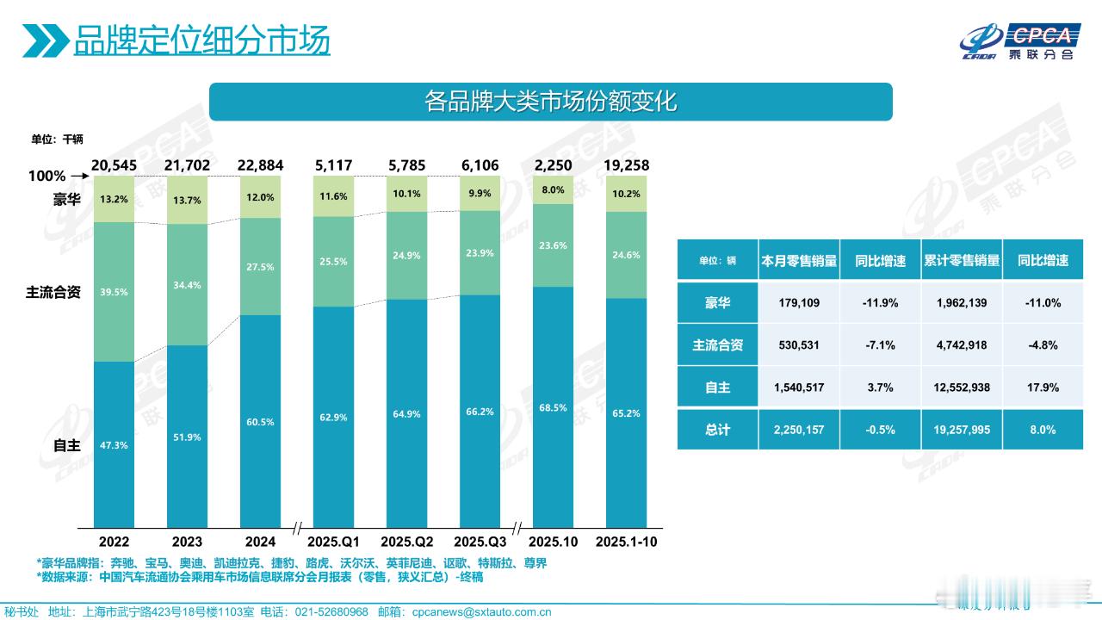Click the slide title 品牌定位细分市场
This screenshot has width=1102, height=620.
(x=201, y=40)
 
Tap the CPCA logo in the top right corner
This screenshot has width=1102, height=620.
(x=1020, y=41)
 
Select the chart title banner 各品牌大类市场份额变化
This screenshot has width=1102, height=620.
(x=551, y=102)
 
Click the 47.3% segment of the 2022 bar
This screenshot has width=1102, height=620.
(x=114, y=444)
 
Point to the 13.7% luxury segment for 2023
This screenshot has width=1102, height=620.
(x=187, y=200)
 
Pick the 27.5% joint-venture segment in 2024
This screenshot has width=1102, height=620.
(x=260, y=267)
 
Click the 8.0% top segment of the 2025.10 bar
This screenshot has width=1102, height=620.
(x=554, y=189)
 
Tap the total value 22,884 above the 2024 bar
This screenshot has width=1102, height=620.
(x=260, y=164)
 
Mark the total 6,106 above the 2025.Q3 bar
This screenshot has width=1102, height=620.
(x=480, y=164)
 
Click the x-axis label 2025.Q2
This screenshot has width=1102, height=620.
(x=406, y=542)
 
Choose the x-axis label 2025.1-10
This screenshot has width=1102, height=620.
(x=626, y=542)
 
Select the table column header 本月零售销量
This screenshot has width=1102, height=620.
(x=799, y=260)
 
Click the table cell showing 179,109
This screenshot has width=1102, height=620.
(x=799, y=303)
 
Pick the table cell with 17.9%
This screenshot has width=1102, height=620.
(x=1043, y=387)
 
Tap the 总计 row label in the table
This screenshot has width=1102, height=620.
(x=717, y=429)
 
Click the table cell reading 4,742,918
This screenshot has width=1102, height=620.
(x=961, y=345)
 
